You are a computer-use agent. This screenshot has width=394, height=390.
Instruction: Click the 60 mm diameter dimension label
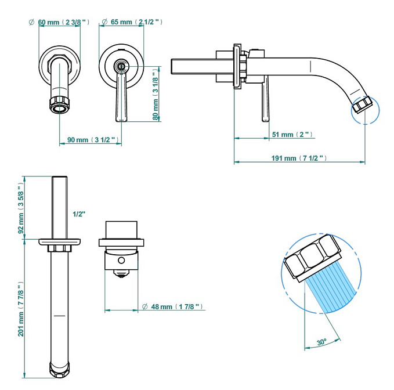click(59, 22)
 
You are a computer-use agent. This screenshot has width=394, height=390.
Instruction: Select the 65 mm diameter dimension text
click(131, 22)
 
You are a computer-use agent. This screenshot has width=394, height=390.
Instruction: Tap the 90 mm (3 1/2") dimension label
click(93, 140)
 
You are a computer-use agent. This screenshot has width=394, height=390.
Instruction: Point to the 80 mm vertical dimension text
click(156, 95)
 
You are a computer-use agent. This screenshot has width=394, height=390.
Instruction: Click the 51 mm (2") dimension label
click(292, 135)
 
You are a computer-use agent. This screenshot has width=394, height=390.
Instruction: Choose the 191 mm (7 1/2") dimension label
click(299, 158)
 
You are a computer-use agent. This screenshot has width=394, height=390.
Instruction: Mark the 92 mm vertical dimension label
click(21, 208)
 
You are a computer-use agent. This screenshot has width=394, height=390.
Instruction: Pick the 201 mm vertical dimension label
click(21, 309)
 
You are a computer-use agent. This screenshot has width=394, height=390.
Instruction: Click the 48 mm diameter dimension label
click(172, 306)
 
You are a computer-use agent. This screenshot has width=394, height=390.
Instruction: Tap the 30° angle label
click(321, 342)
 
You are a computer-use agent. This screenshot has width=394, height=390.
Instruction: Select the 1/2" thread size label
click(79, 214)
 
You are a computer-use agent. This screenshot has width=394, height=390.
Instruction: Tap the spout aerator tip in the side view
click(362, 105)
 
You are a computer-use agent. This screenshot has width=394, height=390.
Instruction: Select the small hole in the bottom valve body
click(121, 261)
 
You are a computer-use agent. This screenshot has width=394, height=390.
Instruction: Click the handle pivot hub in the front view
click(121, 66)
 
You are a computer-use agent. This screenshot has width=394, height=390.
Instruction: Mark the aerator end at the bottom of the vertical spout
click(60, 369)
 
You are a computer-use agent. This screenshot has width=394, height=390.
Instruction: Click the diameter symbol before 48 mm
click(144, 306)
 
